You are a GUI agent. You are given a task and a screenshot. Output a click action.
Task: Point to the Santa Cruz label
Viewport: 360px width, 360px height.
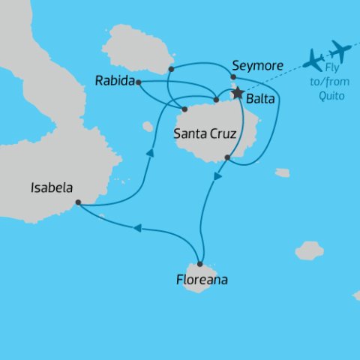[205, 135]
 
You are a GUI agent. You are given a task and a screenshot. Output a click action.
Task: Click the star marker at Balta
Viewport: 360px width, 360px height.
[238, 94]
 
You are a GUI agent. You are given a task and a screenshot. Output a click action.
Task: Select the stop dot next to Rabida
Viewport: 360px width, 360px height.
[139, 82]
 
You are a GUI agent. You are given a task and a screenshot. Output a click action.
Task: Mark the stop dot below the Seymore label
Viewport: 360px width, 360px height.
[234, 76]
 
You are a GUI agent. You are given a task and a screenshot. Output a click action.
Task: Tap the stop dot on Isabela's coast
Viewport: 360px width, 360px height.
[78, 202]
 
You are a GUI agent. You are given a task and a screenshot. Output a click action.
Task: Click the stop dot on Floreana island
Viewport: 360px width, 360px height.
[200, 264]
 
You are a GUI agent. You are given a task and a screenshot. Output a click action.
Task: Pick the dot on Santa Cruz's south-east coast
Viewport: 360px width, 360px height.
[227, 157]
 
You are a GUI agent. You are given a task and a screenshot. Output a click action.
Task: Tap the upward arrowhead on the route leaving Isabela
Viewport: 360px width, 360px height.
[151, 153]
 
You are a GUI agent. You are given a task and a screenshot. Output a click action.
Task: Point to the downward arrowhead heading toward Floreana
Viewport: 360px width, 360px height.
[217, 178]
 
